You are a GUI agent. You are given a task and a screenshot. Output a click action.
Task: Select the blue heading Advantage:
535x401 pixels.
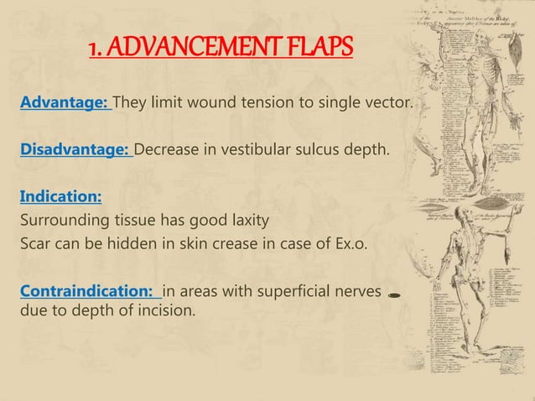65,103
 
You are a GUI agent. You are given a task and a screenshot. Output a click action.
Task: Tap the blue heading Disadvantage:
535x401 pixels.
75,150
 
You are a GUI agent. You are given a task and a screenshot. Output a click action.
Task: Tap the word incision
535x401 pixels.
164,311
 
